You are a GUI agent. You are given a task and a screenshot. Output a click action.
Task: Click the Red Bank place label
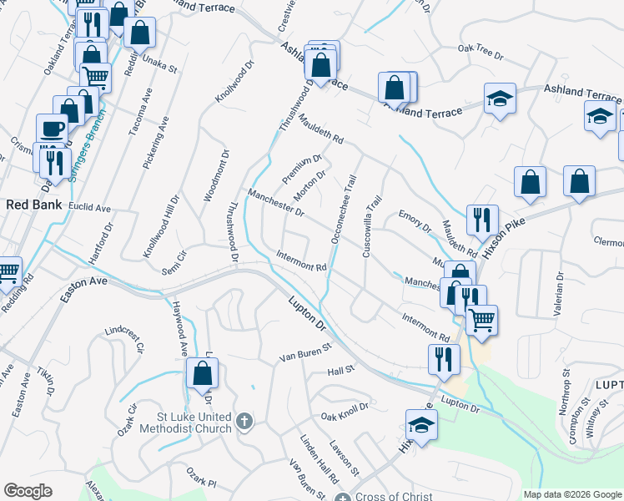(29, 204)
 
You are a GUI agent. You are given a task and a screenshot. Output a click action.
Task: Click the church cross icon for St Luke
(244, 420)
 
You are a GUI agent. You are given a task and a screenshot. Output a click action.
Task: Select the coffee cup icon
(52, 129)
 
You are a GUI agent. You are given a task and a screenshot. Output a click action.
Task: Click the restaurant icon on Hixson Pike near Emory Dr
(481, 219)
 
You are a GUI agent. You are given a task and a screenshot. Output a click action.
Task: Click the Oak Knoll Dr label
(345, 414)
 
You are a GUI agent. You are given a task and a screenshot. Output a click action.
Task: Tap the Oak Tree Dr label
(481, 51)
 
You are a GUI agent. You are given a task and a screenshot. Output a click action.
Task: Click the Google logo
(28, 491)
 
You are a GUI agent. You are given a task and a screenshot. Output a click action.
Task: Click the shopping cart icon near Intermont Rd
(481, 318)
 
